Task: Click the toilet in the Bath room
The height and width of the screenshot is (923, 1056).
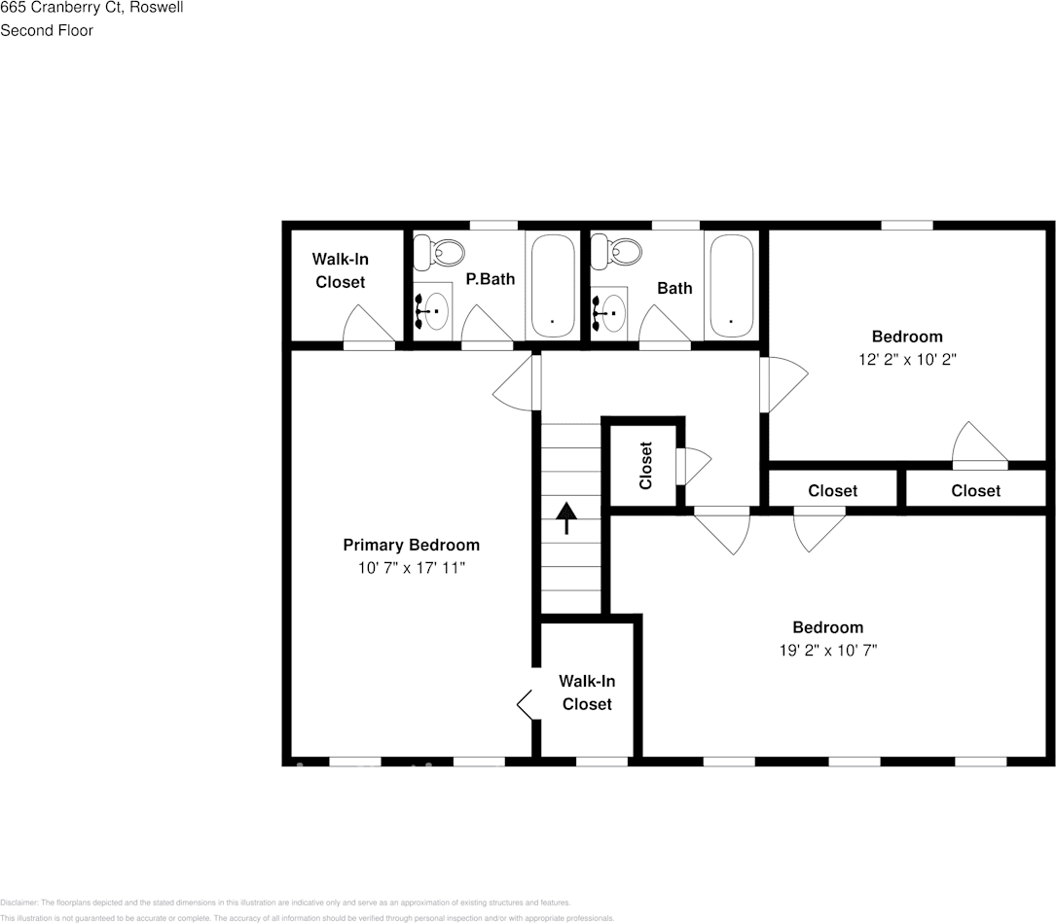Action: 618,253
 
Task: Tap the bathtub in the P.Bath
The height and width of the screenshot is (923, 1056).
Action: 551,284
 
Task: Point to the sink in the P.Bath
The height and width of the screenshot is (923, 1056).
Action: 435,312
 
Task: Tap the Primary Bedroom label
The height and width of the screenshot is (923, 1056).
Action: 411,545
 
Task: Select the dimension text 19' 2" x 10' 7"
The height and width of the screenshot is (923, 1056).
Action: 827,650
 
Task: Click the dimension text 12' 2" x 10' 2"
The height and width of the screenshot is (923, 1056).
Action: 906,358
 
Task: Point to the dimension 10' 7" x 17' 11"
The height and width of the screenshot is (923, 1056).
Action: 411,566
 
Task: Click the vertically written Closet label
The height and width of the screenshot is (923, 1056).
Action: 644,465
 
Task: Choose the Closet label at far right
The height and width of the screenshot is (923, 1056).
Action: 975,491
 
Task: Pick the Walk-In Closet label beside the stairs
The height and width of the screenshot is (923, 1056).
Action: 587,692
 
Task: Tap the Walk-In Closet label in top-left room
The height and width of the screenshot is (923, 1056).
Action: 340,270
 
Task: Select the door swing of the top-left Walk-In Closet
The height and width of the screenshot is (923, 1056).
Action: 365,326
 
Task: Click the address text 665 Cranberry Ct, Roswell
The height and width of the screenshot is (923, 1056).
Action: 92,8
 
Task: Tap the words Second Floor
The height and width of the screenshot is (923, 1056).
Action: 47,30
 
